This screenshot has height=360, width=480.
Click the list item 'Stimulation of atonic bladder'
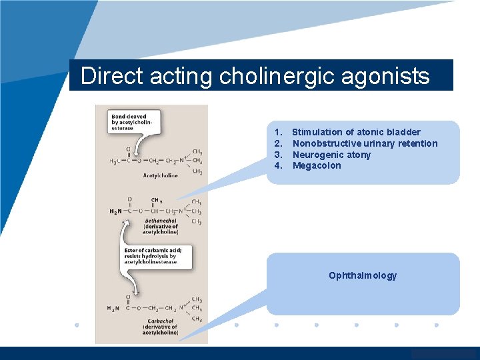356,132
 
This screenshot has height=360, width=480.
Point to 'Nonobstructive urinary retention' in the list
365,143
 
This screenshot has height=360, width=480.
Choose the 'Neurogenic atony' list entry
331,155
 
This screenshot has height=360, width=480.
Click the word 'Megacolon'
317,165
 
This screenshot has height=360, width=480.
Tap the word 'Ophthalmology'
363,275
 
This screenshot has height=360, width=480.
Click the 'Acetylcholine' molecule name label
159,176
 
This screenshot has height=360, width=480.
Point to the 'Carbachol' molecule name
159,321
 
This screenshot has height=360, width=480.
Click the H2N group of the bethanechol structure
116,211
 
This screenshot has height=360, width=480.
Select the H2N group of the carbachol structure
114,307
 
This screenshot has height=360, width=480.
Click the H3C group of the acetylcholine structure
115,161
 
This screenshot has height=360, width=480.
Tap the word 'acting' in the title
179,77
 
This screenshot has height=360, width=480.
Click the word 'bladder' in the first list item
405,132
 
